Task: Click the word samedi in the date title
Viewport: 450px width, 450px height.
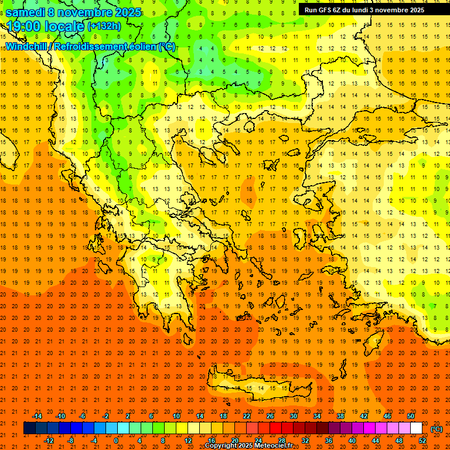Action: [x=26, y=12]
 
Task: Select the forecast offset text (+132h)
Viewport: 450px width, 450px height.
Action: [x=104, y=26]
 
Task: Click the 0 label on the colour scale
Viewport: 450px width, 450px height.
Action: [x=116, y=441]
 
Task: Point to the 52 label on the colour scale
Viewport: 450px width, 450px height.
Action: [x=422, y=441]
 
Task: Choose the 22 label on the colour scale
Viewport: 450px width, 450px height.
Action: [x=247, y=416]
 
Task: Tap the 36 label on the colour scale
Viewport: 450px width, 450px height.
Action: [x=329, y=441]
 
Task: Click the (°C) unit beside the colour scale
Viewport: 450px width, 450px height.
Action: [x=437, y=429]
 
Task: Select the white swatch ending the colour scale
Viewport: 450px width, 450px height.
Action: [x=416, y=428]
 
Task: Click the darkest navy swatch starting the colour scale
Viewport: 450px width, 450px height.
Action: [x=29, y=428]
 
